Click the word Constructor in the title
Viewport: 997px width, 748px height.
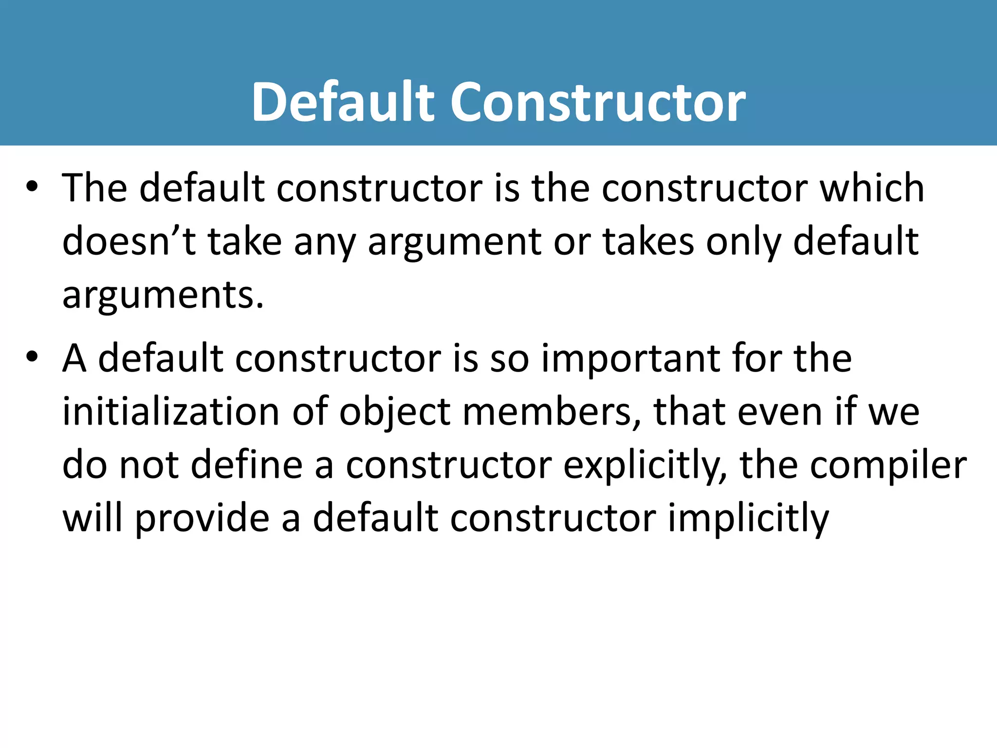tap(598, 102)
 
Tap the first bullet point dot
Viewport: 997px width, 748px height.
tap(32, 187)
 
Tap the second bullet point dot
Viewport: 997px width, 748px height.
tap(32, 357)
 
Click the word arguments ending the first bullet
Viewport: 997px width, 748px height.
tap(163, 296)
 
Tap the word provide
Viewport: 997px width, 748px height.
tap(202, 519)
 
